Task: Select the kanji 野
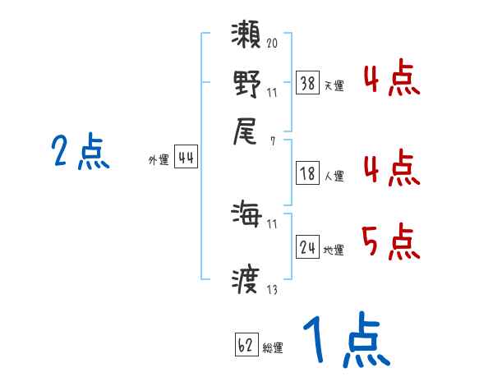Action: [246, 85]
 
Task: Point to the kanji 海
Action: [246, 217]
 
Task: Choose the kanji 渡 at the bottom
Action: [246, 281]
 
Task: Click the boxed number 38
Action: [307, 83]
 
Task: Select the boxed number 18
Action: [307, 174]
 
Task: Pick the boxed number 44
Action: [186, 159]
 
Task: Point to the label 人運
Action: [334, 176]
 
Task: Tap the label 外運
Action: [158, 161]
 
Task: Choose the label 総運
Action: [273, 348]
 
